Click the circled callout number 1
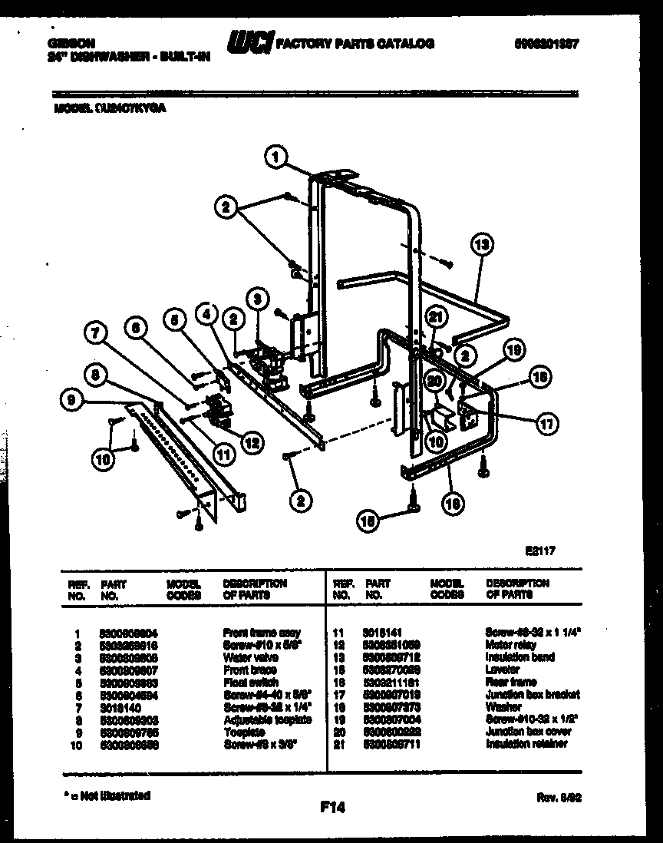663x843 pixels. [x=275, y=157]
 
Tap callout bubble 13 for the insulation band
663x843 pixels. [x=481, y=246]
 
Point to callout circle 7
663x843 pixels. [x=94, y=334]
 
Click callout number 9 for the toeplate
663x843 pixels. [x=72, y=399]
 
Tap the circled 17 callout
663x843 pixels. [x=548, y=422]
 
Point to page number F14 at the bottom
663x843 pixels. [x=332, y=807]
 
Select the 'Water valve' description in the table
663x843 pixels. [x=250, y=658]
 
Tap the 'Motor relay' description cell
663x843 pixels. [x=510, y=646]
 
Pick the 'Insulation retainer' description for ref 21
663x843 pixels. [x=526, y=744]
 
